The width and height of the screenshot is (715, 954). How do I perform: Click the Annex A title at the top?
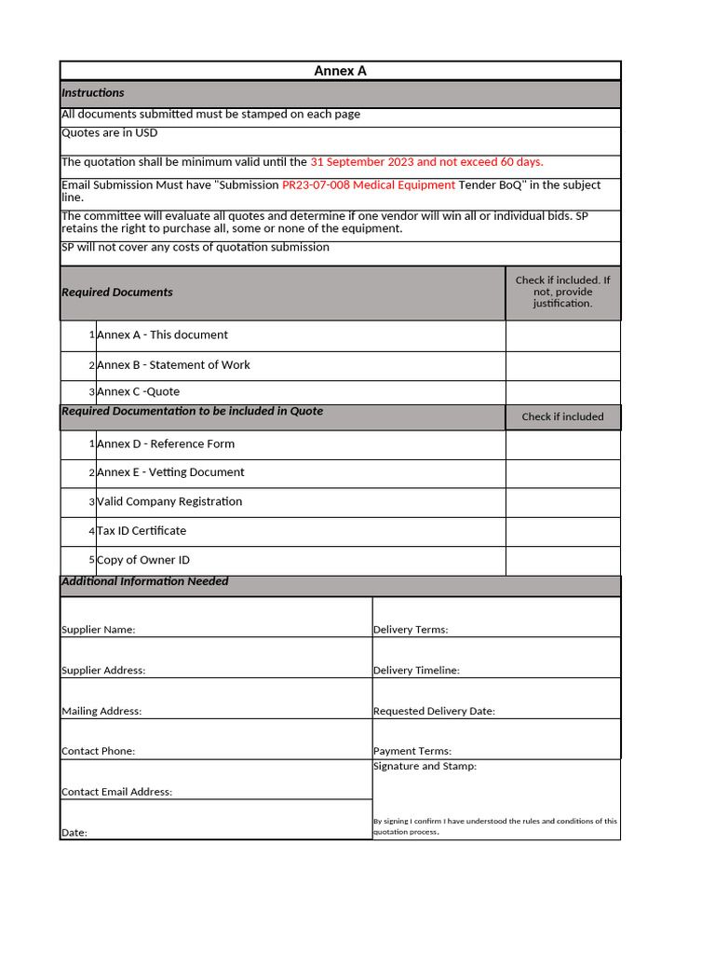[340, 71]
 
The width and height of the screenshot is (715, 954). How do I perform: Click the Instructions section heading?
[93, 93]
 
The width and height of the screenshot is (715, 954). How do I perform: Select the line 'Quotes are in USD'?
[109, 133]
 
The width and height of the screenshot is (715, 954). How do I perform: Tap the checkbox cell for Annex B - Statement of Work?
[562, 365]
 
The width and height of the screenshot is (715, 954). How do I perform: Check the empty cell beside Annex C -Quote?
[562, 392]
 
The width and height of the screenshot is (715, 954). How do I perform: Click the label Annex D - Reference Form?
[166, 444]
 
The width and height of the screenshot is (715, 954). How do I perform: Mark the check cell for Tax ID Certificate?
[562, 531]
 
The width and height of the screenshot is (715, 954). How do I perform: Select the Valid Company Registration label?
[169, 502]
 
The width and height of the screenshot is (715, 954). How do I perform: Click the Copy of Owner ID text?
[143, 560]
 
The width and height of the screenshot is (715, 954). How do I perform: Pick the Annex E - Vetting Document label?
[170, 472]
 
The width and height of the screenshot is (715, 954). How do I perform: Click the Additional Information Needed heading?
[144, 581]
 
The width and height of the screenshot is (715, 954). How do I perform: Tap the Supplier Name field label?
[98, 630]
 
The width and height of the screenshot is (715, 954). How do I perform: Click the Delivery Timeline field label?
[416, 671]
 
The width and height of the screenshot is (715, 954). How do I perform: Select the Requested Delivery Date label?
[434, 712]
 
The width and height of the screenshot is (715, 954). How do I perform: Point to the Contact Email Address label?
[116, 792]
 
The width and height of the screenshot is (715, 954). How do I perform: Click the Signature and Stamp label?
[425, 767]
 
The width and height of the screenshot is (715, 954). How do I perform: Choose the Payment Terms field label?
[411, 751]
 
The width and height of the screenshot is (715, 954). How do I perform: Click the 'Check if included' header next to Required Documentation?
[562, 417]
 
